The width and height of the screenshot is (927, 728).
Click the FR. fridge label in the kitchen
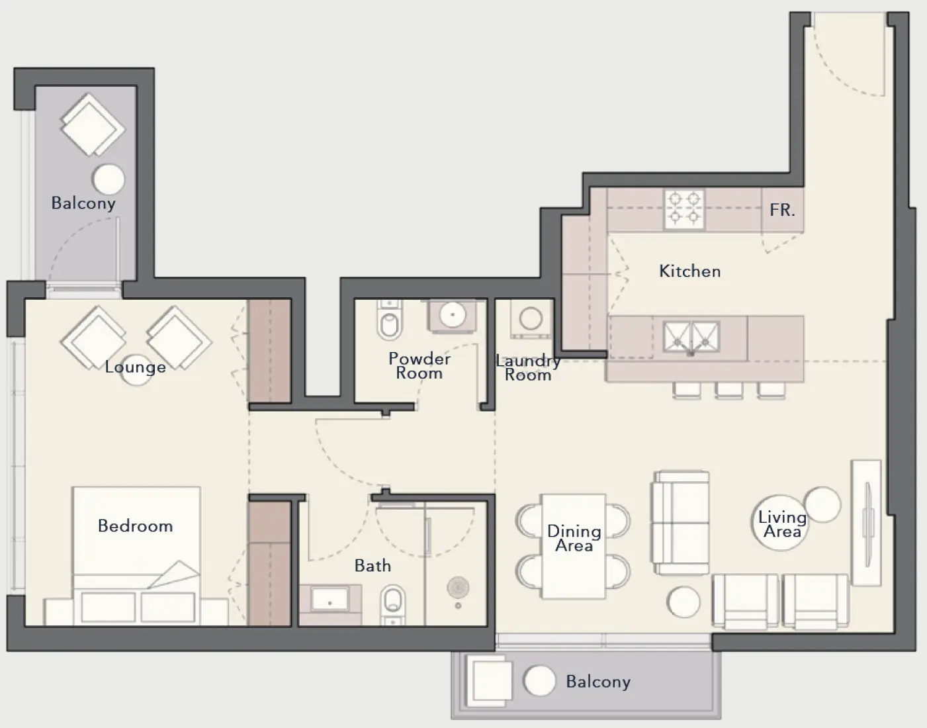pyautogui.click(x=782, y=210)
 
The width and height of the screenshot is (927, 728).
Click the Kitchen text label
pyautogui.click(x=689, y=271)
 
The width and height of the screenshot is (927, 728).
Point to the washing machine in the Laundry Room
pyautogui.click(x=531, y=318)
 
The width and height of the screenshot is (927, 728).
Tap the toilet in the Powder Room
pyautogui.click(x=388, y=320)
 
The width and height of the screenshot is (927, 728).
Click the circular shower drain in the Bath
pyautogui.click(x=456, y=587)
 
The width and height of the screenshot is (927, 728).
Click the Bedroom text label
pyautogui.click(x=135, y=526)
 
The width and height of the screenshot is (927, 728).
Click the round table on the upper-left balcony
pyautogui.click(x=108, y=179)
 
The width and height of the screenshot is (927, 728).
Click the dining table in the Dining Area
pyautogui.click(x=573, y=546)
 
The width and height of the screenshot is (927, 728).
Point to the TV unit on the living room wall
pyautogui.click(x=867, y=523)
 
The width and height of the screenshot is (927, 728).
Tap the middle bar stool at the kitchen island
pyautogui.click(x=728, y=390)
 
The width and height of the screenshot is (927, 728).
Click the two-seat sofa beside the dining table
pyautogui.click(x=681, y=523)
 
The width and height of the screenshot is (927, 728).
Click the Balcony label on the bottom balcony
pyautogui.click(x=597, y=682)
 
